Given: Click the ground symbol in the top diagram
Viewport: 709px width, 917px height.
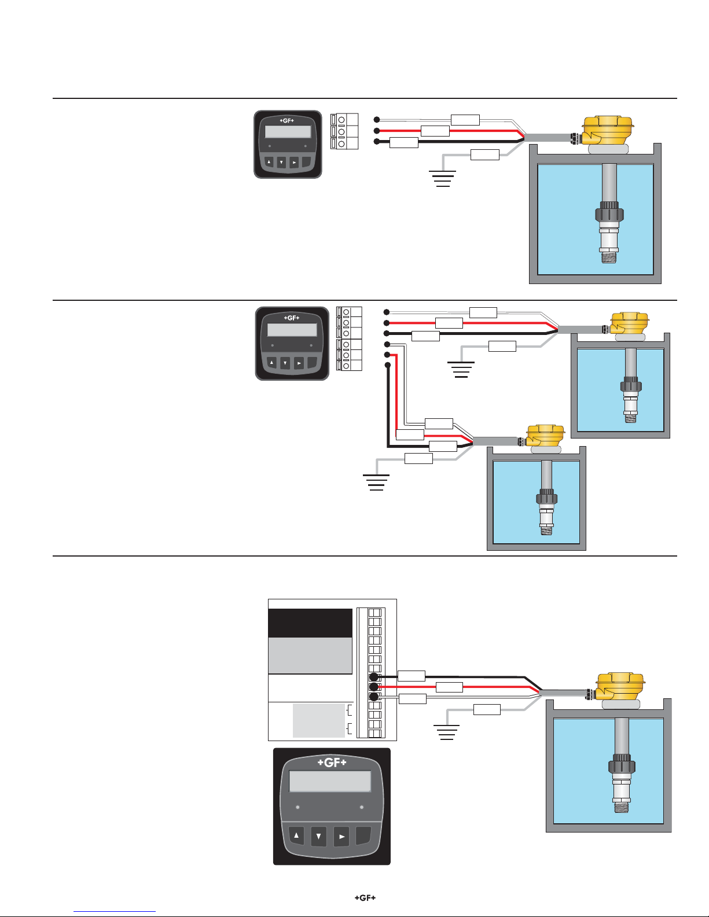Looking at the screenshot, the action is (442, 179).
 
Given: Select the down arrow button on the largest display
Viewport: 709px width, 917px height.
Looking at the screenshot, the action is (319, 836).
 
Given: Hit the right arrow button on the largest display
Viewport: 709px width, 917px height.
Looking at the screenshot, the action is (341, 836).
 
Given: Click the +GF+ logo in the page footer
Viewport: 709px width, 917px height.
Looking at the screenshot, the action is (365, 897).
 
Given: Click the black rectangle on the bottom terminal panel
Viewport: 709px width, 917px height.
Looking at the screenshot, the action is (310, 623).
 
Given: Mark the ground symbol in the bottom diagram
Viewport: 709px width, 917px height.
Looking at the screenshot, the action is (446, 732).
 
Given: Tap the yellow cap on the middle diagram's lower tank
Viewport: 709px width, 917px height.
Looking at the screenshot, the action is (545, 436).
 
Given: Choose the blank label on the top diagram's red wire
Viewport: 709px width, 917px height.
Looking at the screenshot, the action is (435, 131).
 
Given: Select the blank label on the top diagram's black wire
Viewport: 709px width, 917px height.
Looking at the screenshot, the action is (404, 143).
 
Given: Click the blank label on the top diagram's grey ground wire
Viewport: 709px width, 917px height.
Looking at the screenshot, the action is (485, 155).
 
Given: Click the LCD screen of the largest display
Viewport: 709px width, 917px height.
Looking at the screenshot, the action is (329, 781).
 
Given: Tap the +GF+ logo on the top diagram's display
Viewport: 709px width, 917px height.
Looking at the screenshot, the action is (287, 121).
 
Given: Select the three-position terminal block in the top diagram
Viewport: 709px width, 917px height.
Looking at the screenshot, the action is (344, 131).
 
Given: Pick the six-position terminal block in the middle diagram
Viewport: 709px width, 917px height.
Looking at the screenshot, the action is (349, 339).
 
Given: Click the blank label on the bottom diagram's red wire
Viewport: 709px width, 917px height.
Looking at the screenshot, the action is (449, 687).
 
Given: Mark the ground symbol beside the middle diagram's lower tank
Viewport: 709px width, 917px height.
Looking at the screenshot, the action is (376, 483).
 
